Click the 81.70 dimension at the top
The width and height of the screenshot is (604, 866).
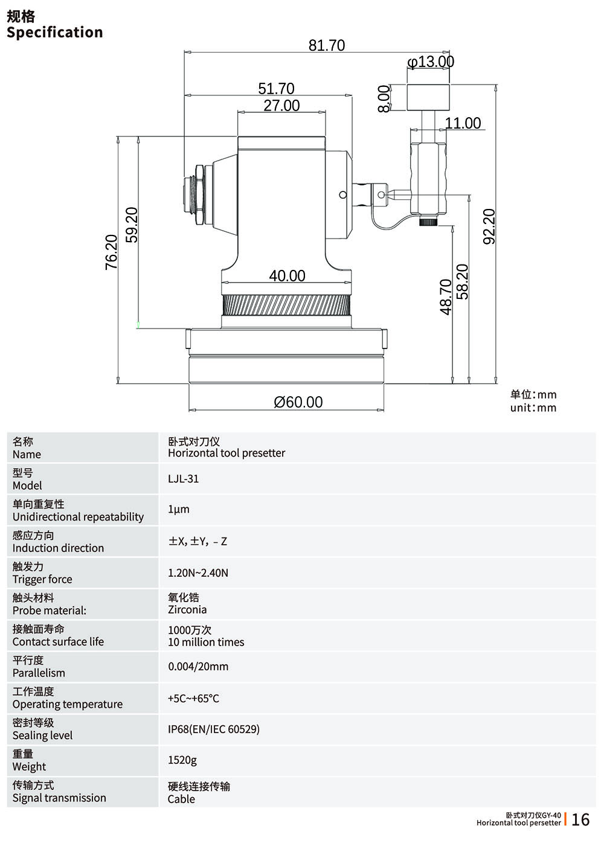point(327,45)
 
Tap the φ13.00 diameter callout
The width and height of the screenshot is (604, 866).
point(431,62)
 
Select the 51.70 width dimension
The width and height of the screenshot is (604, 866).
point(276,89)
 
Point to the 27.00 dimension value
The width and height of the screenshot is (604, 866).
point(281,106)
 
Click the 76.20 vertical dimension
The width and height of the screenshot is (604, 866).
point(112,251)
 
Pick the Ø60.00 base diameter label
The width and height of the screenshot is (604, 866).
point(298,402)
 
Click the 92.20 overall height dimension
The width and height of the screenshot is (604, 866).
point(489,226)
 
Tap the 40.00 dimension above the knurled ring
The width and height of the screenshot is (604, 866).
point(287,276)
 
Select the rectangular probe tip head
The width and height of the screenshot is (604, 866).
point(428,97)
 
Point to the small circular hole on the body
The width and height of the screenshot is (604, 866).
point(343,194)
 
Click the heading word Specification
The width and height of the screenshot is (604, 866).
point(55,33)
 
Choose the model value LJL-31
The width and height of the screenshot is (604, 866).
point(183,479)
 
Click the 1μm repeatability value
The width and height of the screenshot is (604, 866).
point(179,510)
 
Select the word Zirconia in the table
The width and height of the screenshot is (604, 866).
point(187,610)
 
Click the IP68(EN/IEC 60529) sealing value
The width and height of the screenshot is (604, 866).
point(214,730)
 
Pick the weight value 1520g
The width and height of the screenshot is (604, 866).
point(182,760)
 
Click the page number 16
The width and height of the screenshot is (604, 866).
point(580,819)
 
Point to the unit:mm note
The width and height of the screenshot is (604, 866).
point(533,408)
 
